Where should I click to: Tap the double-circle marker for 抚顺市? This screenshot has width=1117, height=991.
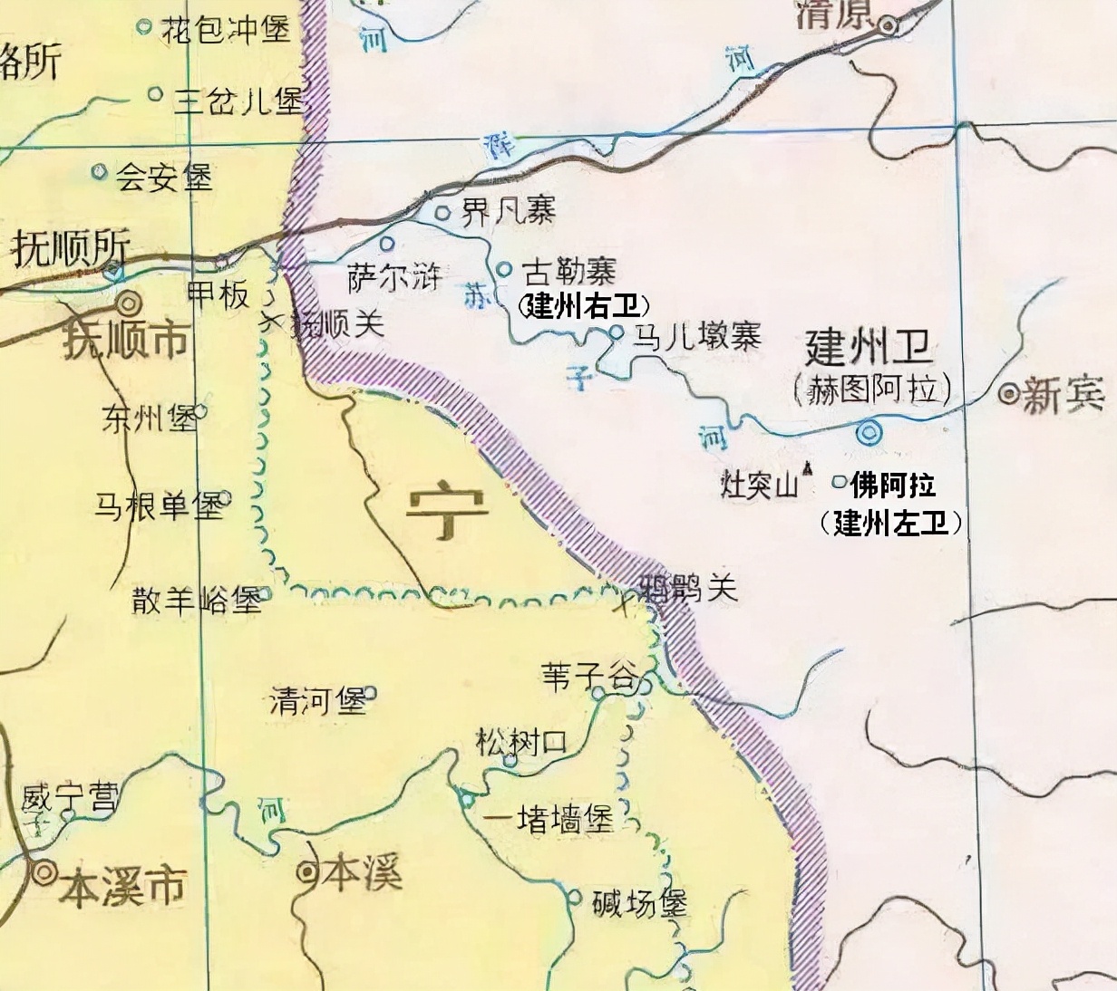tap(130, 303)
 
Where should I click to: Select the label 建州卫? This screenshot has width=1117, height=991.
tap(869, 347)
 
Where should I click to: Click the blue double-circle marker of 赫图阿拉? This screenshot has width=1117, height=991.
tap(869, 433)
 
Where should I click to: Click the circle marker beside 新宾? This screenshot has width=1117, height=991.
tap(1008, 394)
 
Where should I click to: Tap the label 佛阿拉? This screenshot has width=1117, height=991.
tap(892, 486)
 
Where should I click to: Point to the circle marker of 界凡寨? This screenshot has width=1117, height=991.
tap(442, 213)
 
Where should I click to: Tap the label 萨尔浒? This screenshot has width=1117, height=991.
tap(393, 278)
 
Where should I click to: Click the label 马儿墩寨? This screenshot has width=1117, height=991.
tap(696, 337)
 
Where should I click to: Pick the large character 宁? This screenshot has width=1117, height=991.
tap(446, 513)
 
